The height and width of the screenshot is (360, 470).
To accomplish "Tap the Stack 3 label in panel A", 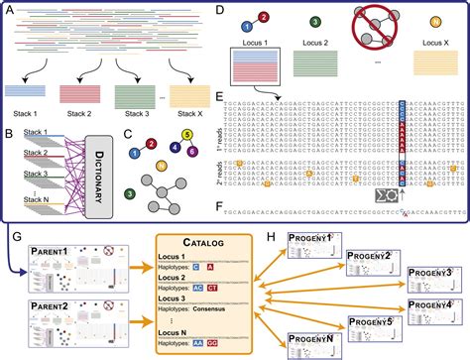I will click(x=142, y=109).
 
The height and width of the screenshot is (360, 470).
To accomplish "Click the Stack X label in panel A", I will click(x=198, y=109).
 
